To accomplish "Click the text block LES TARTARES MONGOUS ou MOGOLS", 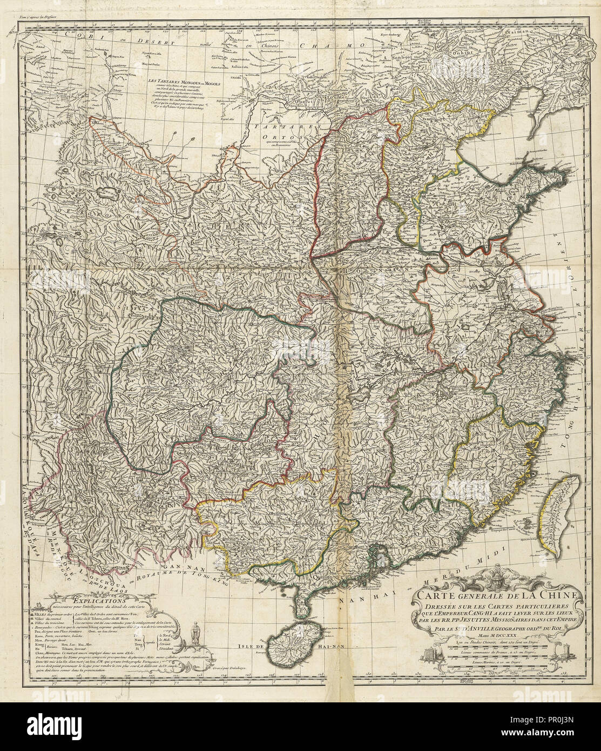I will tap(178, 86).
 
